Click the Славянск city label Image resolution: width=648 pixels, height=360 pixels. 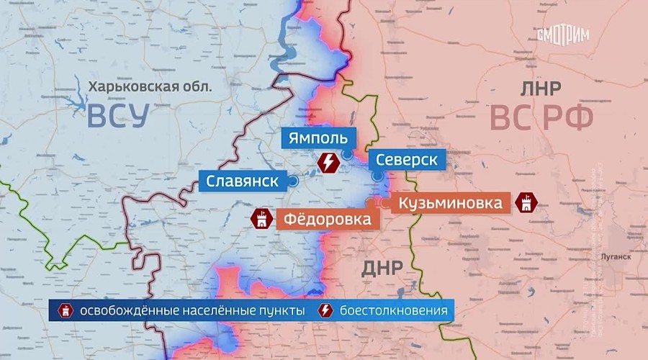[x=242, y=181]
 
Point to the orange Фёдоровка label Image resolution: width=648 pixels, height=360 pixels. [x=328, y=218]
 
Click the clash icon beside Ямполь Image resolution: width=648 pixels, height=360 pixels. [x=328, y=163]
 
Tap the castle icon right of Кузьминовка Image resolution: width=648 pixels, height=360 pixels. [x=528, y=203]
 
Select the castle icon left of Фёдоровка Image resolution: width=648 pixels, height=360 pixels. [x=260, y=218]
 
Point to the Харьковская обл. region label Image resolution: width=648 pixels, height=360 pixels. [x=150, y=87]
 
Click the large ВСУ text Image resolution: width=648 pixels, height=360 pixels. [x=118, y=117]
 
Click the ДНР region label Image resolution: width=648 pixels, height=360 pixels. [x=382, y=269]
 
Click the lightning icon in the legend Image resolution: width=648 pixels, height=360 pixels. [x=325, y=311]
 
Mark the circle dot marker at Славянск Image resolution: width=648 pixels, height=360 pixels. [x=293, y=181]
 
